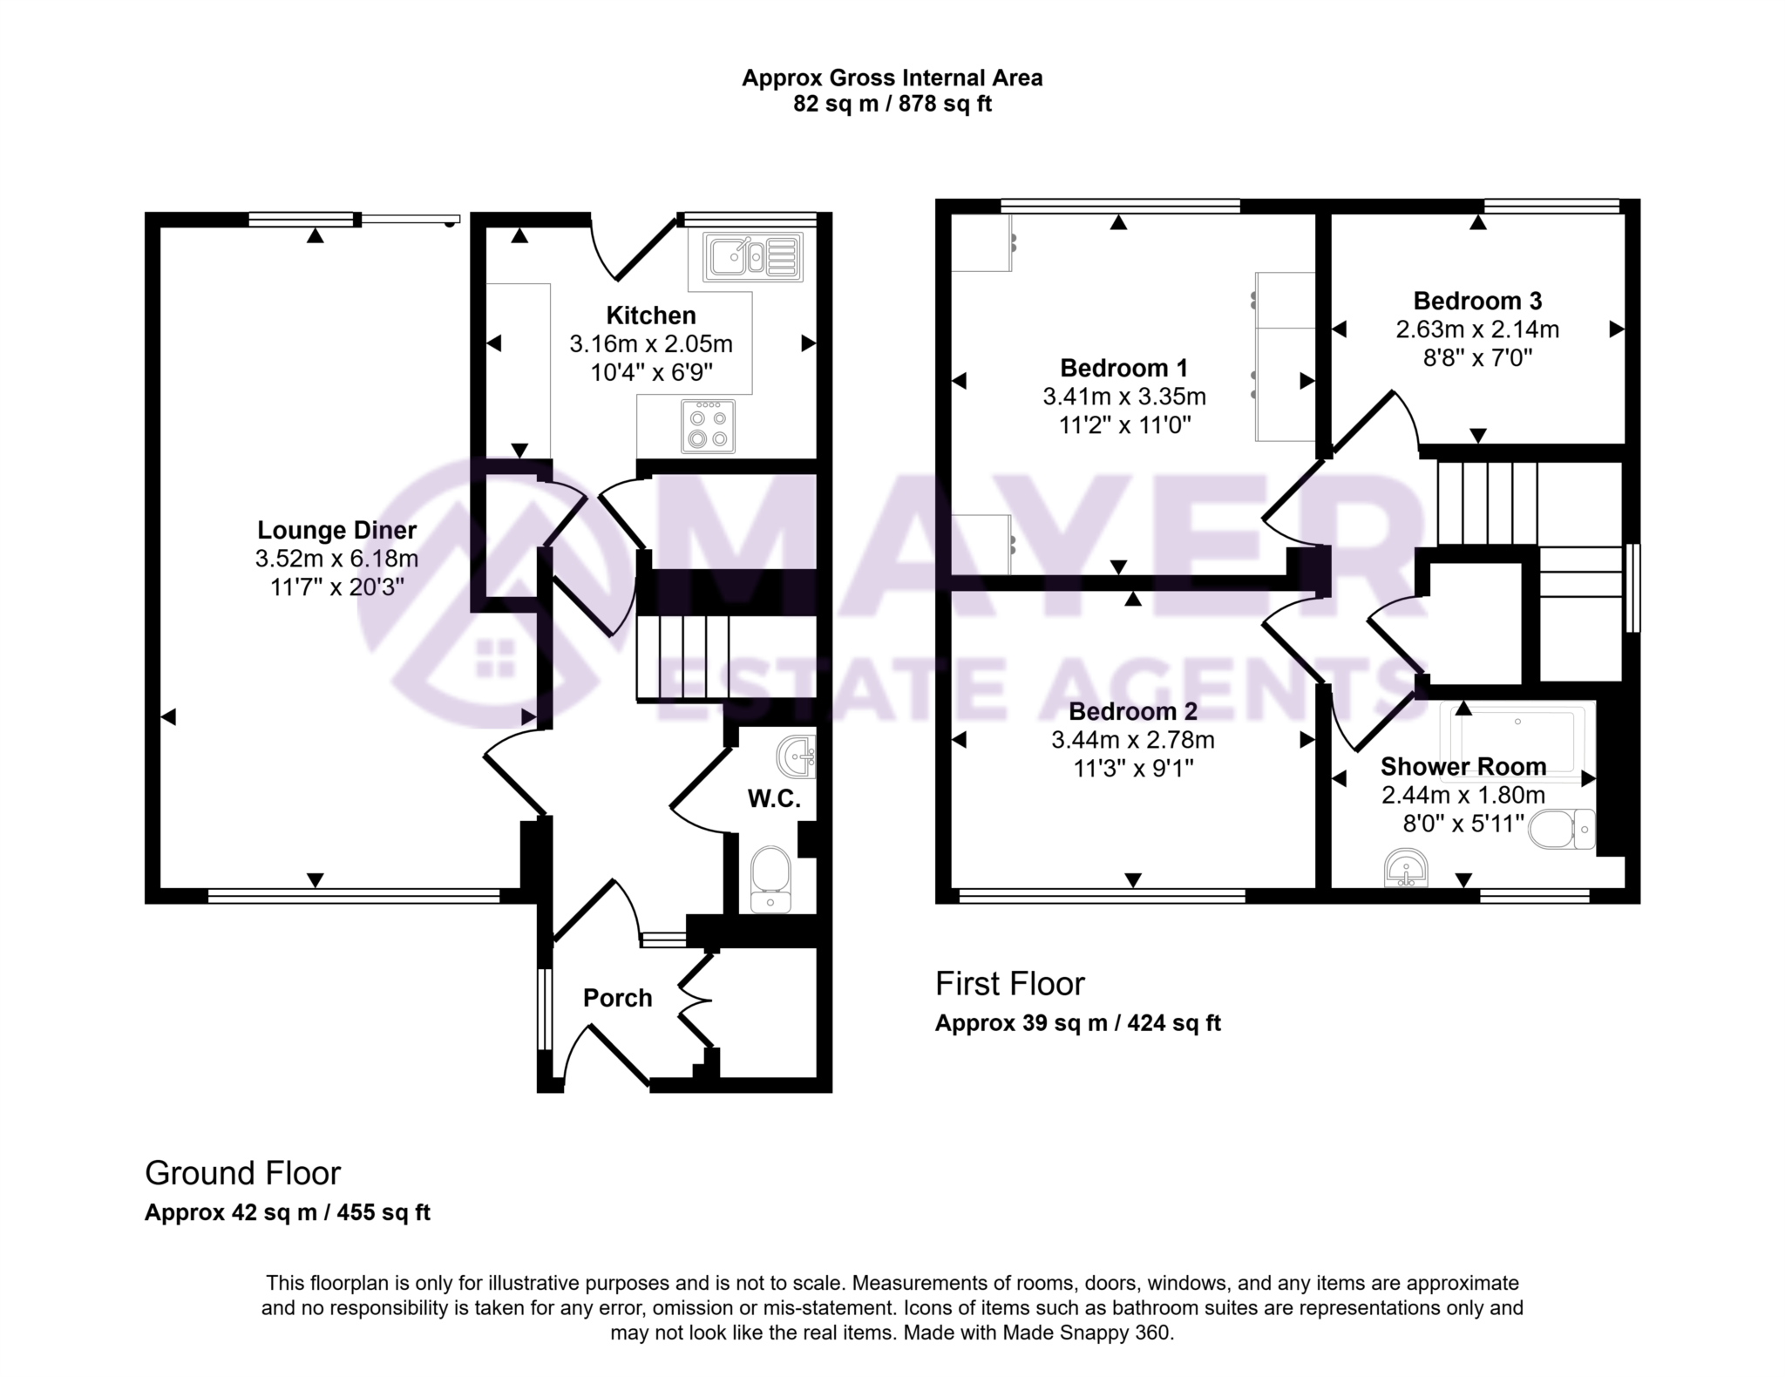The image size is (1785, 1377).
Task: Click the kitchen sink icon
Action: (x=753, y=255)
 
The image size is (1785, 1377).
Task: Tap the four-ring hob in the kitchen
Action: (x=708, y=427)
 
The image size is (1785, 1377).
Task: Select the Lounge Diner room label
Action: (x=336, y=530)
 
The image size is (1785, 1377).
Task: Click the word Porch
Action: (x=617, y=998)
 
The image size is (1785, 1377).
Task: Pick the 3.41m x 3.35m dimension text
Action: (x=1124, y=397)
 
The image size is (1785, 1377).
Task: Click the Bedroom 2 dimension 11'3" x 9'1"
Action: (x=1133, y=768)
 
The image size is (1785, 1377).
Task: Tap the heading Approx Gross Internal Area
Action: (x=892, y=78)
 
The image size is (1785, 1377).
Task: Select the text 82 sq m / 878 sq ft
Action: (x=892, y=105)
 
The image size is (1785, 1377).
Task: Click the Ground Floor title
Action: (x=242, y=1173)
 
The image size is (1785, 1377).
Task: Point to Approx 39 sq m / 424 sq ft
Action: (x=1077, y=1023)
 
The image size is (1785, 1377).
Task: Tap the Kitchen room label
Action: (x=651, y=315)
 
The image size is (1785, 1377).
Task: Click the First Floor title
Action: (x=1009, y=984)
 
